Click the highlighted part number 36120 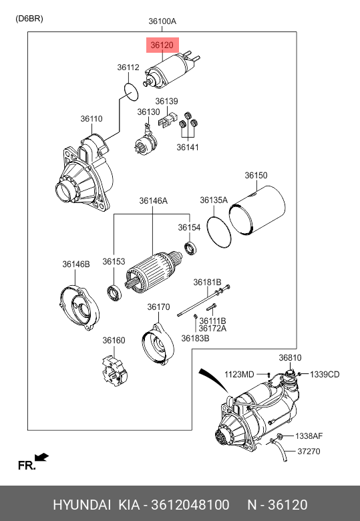[x=162, y=45]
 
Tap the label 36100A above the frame [x=162, y=21]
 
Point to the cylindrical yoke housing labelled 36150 [x=257, y=210]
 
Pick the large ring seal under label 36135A [x=218, y=232]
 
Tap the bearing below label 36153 [x=114, y=293]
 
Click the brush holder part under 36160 [x=114, y=371]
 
